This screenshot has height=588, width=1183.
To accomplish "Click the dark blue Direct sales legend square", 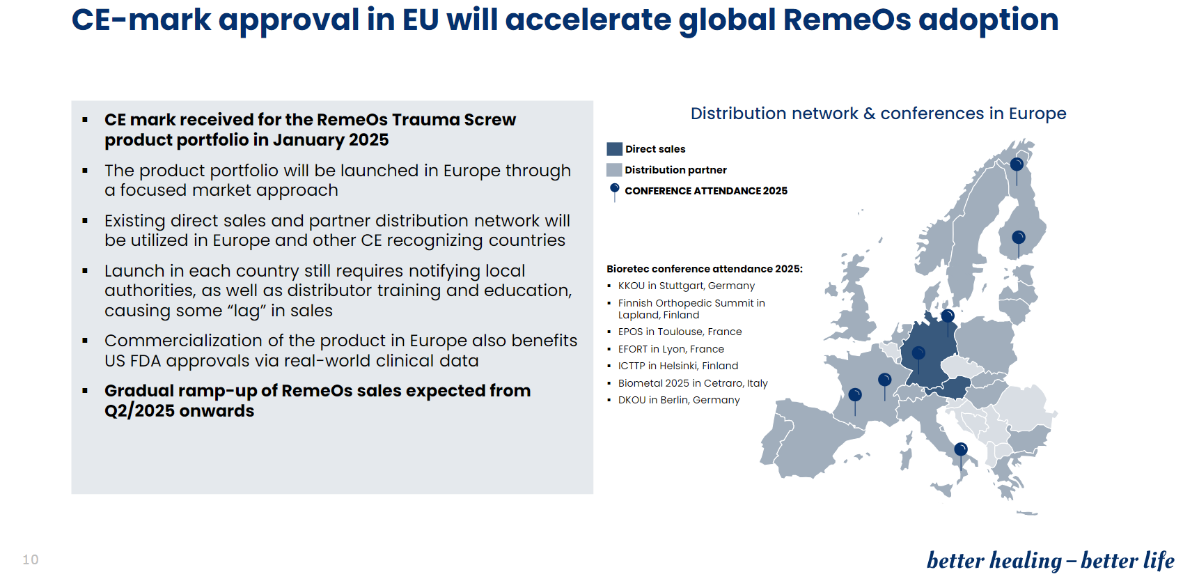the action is tap(614, 149).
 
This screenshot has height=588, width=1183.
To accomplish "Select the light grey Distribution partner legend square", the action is tap(614, 169).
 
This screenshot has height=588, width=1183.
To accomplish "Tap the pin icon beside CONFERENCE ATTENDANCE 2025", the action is tap(614, 192).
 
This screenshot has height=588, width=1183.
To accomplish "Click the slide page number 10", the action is tap(31, 559).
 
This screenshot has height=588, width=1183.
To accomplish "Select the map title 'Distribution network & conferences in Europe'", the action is tap(878, 114).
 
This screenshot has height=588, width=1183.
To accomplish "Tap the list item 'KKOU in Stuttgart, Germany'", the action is tap(686, 286).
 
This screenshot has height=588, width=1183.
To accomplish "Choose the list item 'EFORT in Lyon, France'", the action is tap(671, 349).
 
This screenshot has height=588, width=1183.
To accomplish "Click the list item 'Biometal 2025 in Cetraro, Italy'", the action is tap(693, 383).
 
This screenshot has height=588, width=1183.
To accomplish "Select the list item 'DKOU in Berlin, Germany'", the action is tap(679, 400).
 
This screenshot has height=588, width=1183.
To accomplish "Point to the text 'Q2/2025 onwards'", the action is tap(179, 411).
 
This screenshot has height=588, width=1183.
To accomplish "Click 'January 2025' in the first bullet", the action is tap(331, 140).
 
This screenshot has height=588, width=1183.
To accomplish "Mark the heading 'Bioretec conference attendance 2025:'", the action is tap(705, 269).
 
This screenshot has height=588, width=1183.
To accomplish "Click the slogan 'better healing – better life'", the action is tap(1051, 561).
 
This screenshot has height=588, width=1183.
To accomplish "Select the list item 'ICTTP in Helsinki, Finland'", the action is tap(678, 366).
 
